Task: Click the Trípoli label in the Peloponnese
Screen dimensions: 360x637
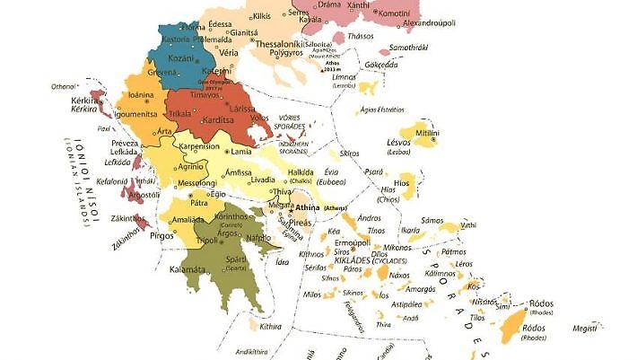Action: pos(207,240)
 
